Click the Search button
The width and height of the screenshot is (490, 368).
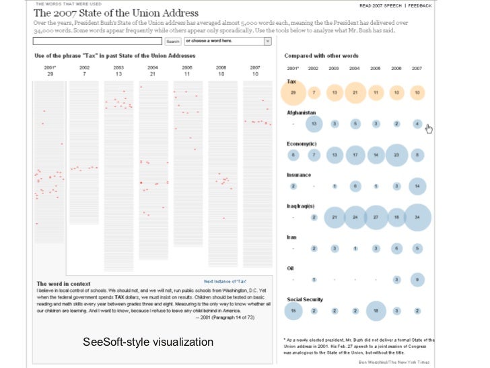point(173,42)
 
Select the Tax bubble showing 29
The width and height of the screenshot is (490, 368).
point(293,92)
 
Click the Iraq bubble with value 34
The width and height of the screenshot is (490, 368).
point(417,217)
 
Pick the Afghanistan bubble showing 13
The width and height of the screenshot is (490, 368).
point(314,124)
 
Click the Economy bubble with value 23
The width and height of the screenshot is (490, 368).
point(396,155)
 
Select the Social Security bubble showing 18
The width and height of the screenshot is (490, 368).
point(376,311)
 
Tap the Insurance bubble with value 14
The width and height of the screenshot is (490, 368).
point(417,186)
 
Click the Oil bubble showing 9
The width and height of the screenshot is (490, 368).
point(417,279)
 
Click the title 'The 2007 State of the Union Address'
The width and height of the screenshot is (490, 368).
point(116,13)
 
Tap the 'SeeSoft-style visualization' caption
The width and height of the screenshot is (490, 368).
point(147,342)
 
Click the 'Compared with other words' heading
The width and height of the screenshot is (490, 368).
point(321,56)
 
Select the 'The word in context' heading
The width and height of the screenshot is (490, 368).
point(61,284)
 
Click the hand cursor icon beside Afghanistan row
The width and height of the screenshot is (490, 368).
point(429,129)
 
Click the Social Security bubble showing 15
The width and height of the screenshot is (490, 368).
point(293,311)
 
